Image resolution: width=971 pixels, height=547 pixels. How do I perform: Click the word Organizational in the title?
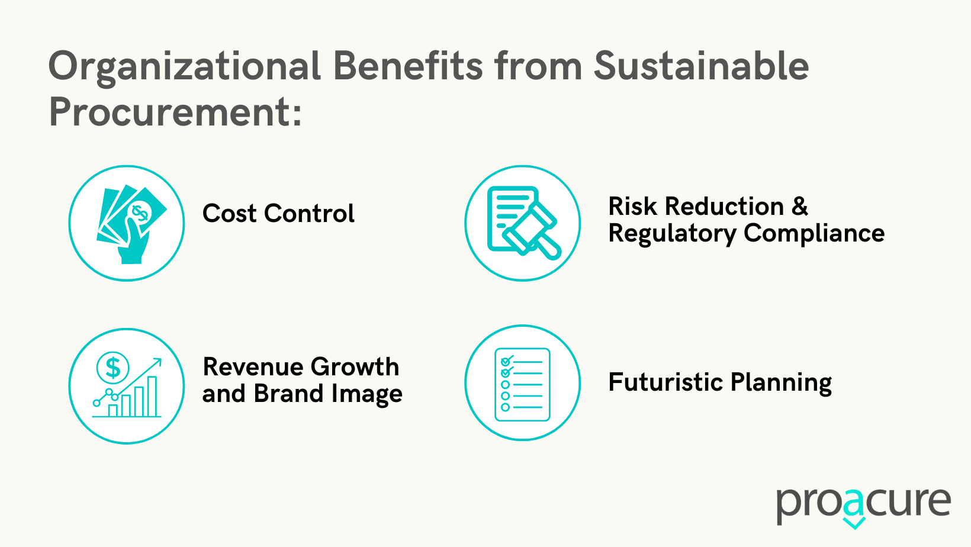(x=184, y=67)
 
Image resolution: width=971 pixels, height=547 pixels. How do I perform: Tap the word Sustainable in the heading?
(x=701, y=66)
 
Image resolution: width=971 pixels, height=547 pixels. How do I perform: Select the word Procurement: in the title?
(x=175, y=112)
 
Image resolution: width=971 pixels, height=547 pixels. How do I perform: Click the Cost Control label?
(x=278, y=214)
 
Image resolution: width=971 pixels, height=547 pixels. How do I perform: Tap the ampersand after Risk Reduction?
(x=799, y=207)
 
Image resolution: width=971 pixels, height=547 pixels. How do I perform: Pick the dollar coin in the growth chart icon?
(x=112, y=368)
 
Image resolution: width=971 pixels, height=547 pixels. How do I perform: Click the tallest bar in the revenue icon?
(x=152, y=396)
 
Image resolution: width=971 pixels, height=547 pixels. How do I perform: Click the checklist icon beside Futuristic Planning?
(x=523, y=384)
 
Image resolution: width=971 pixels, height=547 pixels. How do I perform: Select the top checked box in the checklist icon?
(x=506, y=361)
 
